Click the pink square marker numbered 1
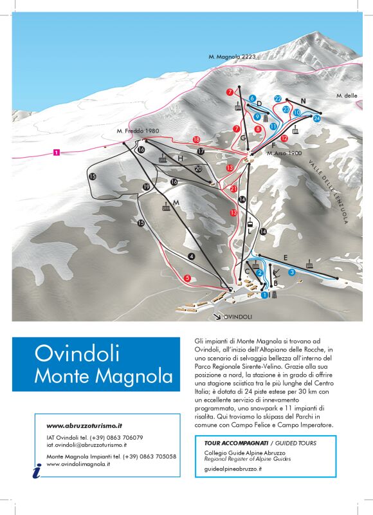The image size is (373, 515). pos(57,153)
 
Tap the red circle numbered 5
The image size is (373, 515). pos(187,278)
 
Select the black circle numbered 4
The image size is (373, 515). pos(191,256)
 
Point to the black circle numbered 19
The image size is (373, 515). pos(147,187)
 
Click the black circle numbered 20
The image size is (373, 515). pos(198,169)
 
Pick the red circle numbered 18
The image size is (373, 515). pos(196,139)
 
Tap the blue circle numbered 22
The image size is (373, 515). pos(278,98)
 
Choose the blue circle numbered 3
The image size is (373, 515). pos(291,272)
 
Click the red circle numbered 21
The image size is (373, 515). pos(233,189)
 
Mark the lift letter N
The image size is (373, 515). pos(302,100)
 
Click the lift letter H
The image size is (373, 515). pos(181,158)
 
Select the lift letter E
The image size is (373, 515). pos(286,257)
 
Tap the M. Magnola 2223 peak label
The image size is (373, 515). pos(232,57)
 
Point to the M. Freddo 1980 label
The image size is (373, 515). pos(138,131)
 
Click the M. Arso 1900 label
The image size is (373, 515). pos(284,153)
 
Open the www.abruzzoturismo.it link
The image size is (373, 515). pos(84,426)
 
